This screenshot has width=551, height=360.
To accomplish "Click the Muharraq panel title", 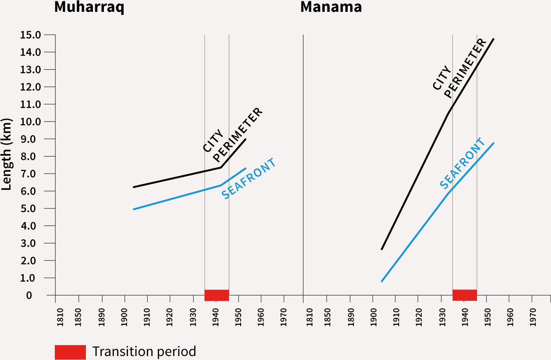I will coord(89,7).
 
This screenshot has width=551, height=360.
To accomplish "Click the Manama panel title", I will coord(331,7).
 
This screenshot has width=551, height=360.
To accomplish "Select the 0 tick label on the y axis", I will coord(29,295).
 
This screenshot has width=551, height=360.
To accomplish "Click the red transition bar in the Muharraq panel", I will coord(217,295).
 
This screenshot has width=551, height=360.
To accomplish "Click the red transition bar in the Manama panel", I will coord(464,295).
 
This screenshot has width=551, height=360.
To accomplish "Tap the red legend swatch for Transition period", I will coord(70,352).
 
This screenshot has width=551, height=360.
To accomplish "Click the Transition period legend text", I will coord(144,352).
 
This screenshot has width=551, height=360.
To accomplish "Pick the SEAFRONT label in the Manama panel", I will coord(463,164).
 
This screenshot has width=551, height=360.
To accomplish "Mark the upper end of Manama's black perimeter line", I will coord(494,39).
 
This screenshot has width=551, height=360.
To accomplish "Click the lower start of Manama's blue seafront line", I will coord(382,281).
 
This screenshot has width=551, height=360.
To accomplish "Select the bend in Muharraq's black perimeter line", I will coord(220,167).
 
